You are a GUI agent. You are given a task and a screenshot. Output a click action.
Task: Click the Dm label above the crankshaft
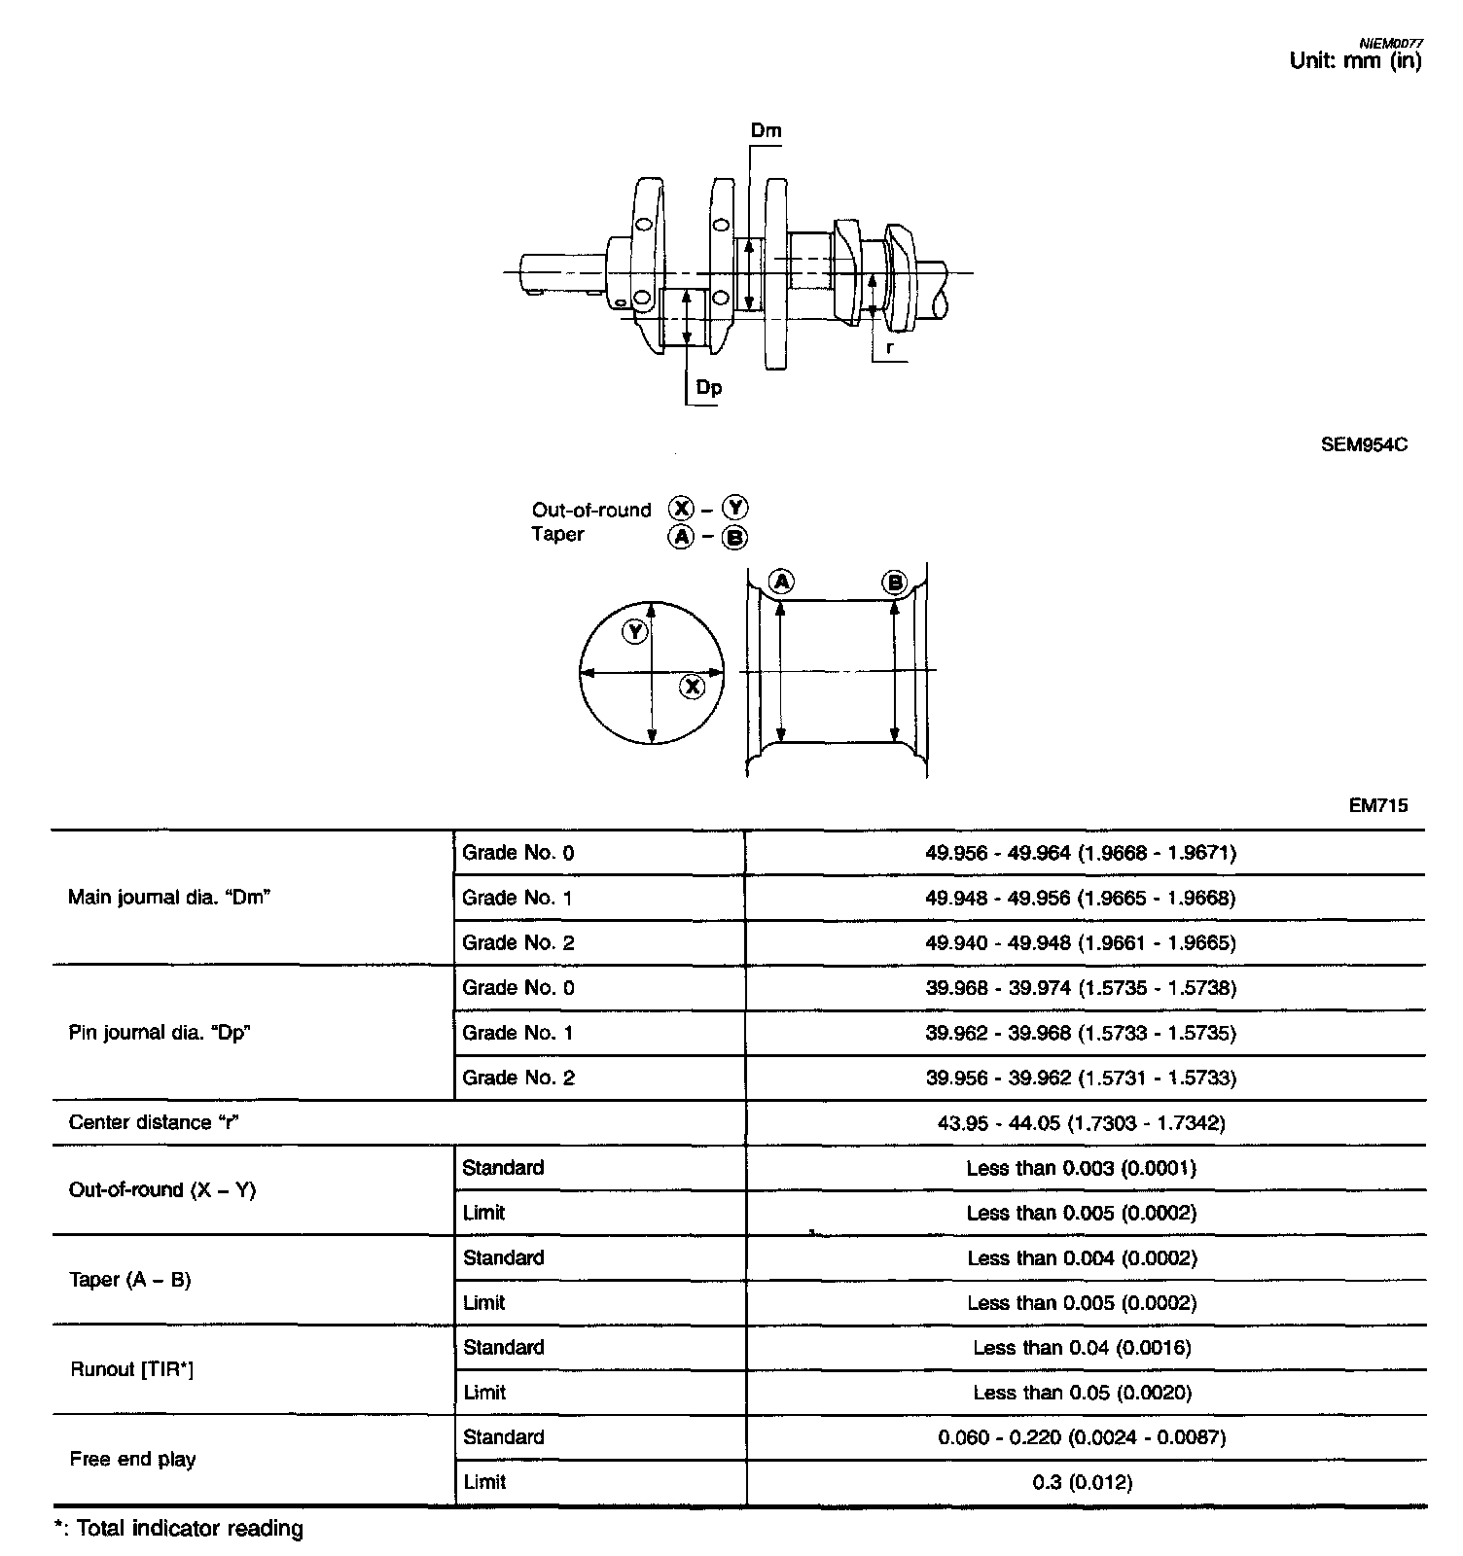click(766, 130)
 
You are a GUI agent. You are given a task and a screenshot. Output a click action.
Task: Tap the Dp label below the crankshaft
click(709, 387)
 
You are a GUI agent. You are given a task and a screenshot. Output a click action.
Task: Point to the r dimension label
click(889, 347)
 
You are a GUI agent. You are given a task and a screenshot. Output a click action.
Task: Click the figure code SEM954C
click(1364, 445)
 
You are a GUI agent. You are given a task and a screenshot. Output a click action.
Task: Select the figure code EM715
click(1378, 805)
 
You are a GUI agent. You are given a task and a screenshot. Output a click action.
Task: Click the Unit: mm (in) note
click(1355, 60)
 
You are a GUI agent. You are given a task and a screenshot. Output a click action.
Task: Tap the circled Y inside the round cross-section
click(635, 632)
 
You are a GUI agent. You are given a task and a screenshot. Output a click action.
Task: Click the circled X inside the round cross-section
click(692, 687)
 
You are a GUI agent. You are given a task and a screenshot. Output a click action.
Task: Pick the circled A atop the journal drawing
click(781, 582)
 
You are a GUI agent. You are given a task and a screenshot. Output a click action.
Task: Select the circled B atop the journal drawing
click(894, 583)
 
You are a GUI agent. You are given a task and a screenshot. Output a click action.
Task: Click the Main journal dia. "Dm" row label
click(169, 898)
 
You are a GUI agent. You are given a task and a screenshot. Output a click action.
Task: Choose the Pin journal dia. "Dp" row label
click(160, 1033)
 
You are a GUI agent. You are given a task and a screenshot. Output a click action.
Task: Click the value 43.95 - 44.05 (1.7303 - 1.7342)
click(1081, 1123)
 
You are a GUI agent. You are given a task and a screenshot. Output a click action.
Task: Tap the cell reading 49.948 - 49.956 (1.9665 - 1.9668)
click(1081, 898)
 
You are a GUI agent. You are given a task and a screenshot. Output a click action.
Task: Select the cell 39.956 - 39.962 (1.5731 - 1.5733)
click(1081, 1078)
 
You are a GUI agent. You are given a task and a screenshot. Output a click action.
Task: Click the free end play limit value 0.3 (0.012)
click(1082, 1483)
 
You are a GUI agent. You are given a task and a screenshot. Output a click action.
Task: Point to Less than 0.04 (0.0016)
click(1082, 1348)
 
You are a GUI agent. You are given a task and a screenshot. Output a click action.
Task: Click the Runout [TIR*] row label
click(132, 1370)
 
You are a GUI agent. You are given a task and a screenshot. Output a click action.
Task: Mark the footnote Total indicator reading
click(189, 1529)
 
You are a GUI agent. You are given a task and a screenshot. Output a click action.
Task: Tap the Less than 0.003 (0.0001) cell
click(1081, 1168)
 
